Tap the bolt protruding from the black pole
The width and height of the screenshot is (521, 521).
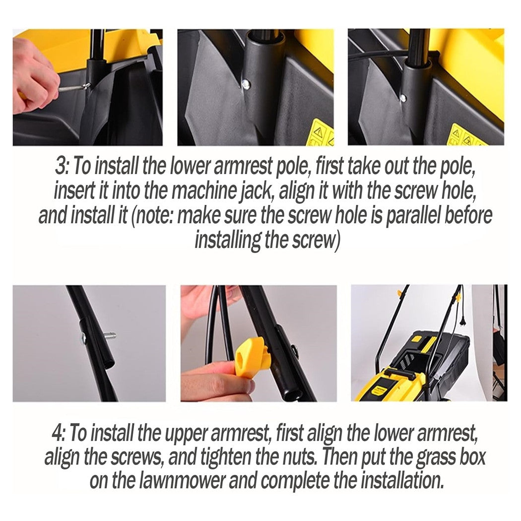click(109, 335)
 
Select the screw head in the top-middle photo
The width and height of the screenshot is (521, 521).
click(247, 83)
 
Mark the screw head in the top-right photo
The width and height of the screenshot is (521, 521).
click(403, 98)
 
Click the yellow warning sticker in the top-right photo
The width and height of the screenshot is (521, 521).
click(465, 135)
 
